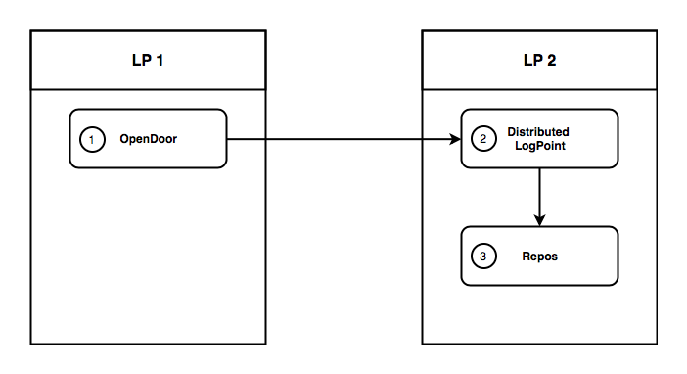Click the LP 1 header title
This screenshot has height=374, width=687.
(x=148, y=60)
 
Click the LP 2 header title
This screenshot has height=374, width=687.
(x=539, y=60)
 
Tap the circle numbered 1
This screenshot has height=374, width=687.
(x=91, y=139)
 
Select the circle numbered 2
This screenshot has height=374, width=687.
(x=482, y=139)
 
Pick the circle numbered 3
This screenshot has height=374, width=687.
(x=482, y=257)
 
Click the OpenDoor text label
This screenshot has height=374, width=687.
(x=149, y=139)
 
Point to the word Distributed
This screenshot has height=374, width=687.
(x=537, y=132)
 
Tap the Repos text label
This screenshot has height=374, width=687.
(x=538, y=257)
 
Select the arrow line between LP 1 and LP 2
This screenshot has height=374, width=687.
(x=343, y=139)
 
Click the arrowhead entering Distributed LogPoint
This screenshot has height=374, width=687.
(x=455, y=139)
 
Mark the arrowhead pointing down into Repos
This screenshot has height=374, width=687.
(x=539, y=221)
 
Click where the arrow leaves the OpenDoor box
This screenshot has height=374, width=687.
(x=228, y=139)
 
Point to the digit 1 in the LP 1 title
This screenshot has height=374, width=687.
(x=159, y=60)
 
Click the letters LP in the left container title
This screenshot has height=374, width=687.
(x=141, y=60)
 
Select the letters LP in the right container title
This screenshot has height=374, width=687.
(x=532, y=60)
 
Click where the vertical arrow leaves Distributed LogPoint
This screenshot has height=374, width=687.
(x=539, y=169)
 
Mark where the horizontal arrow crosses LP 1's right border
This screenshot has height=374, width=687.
(x=265, y=139)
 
